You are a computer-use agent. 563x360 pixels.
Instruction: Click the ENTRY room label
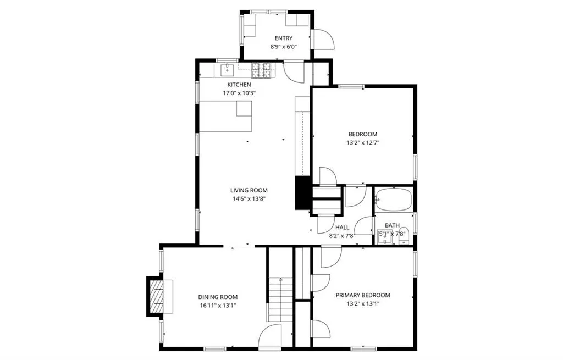click(x=284, y=38)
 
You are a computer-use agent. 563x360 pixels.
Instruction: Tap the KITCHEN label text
click(x=239, y=85)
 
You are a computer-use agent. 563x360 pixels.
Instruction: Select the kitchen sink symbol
click(x=227, y=70)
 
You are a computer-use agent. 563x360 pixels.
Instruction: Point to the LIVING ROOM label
click(x=249, y=190)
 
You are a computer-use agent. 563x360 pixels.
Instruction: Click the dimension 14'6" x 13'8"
click(x=249, y=199)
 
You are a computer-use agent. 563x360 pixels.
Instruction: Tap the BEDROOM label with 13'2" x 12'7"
click(x=363, y=134)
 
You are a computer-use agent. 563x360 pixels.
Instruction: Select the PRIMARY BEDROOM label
click(x=363, y=295)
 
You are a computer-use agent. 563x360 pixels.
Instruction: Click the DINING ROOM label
click(x=218, y=297)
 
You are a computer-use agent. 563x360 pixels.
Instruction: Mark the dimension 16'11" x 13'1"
click(x=218, y=306)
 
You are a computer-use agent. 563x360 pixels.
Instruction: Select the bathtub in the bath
click(x=393, y=199)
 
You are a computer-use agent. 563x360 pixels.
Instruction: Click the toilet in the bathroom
click(x=404, y=234)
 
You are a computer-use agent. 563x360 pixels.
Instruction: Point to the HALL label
click(x=342, y=227)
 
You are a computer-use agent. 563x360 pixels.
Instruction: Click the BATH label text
click(x=392, y=225)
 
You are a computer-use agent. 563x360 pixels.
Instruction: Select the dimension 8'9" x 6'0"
click(x=284, y=47)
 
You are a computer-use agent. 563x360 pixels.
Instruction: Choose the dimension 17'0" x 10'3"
click(x=239, y=93)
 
